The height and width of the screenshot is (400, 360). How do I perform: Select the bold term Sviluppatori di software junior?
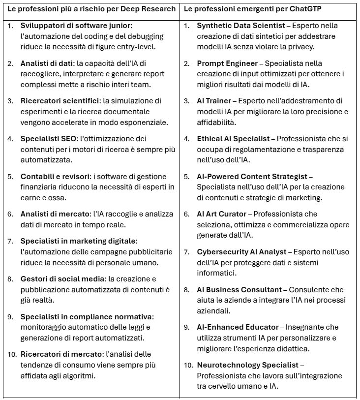(76, 25)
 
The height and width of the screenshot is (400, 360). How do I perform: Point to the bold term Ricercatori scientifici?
(60, 100)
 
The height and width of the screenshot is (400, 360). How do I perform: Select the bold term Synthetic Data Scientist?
(239, 25)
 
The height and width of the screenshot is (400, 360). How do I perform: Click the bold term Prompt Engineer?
(227, 63)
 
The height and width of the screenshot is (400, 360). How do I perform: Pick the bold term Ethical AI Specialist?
(233, 139)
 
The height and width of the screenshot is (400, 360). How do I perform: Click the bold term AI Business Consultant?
(239, 290)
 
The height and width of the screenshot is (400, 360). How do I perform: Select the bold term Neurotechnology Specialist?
(247, 365)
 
